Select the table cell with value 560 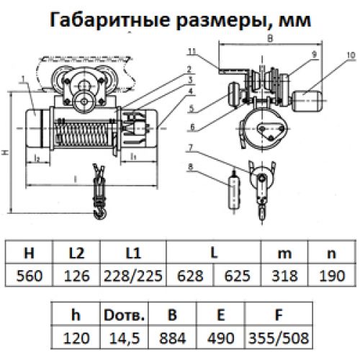pos(29,276)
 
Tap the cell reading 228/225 pos(133,276)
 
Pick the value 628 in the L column pos(190,276)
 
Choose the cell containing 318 pos(284,276)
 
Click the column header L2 pos(76,253)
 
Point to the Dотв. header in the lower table pos(124,315)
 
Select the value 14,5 pos(124,338)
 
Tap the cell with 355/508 pos(279,338)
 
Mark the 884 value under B pos(172,338)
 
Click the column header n pos(332,253)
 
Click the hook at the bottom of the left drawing pos(99,212)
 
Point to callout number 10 pos(351,55)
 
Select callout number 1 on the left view pos(23,78)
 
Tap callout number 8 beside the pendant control pos(191,166)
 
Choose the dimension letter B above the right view pos(270,38)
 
